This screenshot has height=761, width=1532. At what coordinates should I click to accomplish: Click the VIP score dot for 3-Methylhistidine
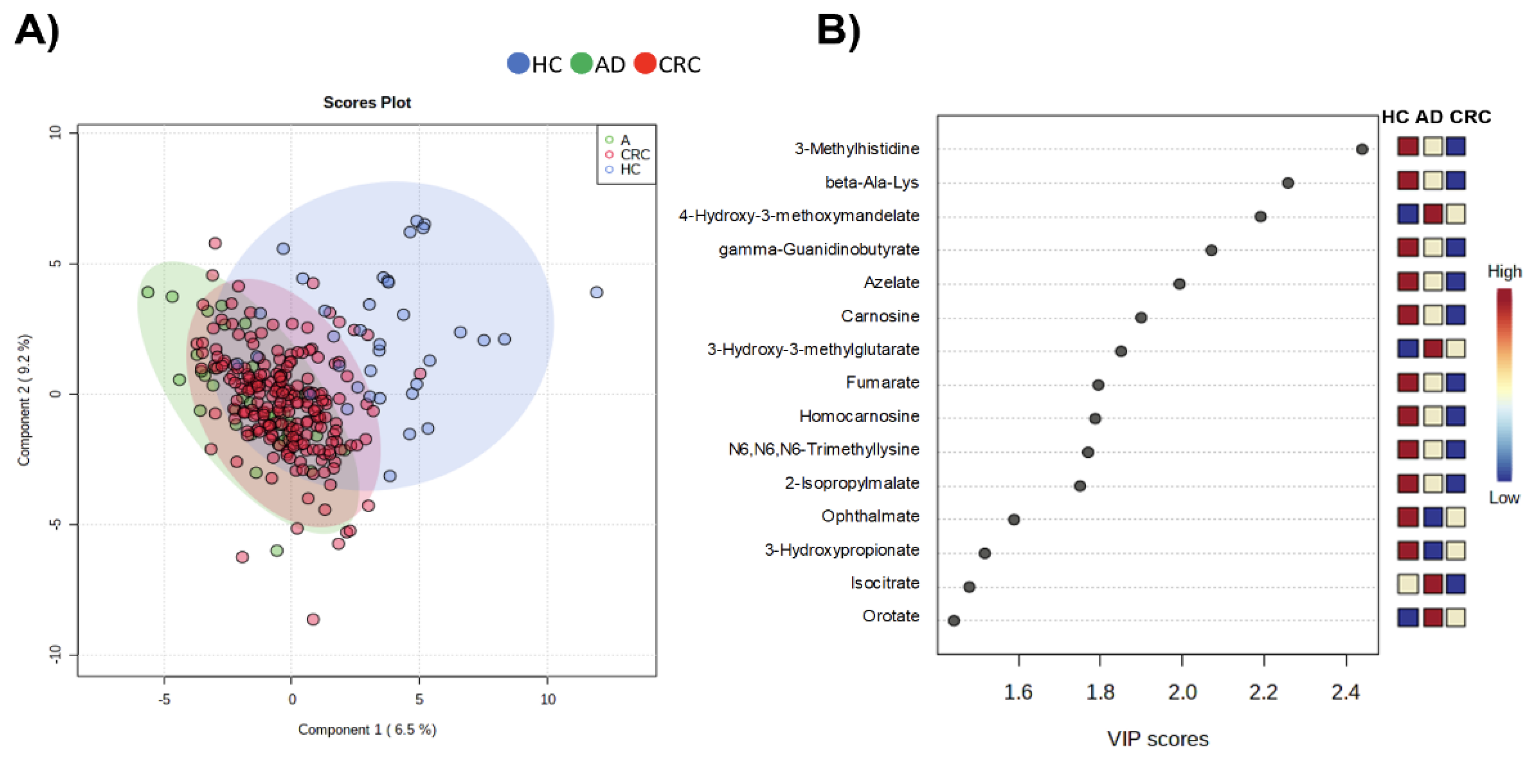tap(1361, 149)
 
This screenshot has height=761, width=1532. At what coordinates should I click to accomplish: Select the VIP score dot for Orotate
tap(953, 621)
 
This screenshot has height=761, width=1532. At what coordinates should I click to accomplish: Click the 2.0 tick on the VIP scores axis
tap(1182, 692)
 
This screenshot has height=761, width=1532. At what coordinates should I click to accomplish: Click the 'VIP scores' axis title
tap(1157, 738)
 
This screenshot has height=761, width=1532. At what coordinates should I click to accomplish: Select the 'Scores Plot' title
tap(366, 102)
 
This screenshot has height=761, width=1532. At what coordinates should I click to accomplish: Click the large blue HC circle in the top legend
tap(518, 63)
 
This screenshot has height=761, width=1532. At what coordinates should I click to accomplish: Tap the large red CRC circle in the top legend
tap(645, 63)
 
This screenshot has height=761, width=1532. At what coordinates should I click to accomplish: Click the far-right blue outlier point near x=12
tap(596, 292)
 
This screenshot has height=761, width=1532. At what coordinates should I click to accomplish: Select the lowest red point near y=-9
tap(313, 619)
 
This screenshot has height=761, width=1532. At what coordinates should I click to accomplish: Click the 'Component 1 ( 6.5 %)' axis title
tap(367, 729)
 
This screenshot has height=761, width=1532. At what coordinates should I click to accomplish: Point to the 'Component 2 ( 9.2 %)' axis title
tap(24, 400)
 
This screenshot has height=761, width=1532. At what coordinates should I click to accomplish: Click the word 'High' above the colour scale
tap(1504, 272)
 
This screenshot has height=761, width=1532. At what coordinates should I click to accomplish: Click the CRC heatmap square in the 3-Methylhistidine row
tap(1455, 146)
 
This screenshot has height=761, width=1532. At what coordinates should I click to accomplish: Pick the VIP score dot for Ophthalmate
tap(1013, 519)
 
